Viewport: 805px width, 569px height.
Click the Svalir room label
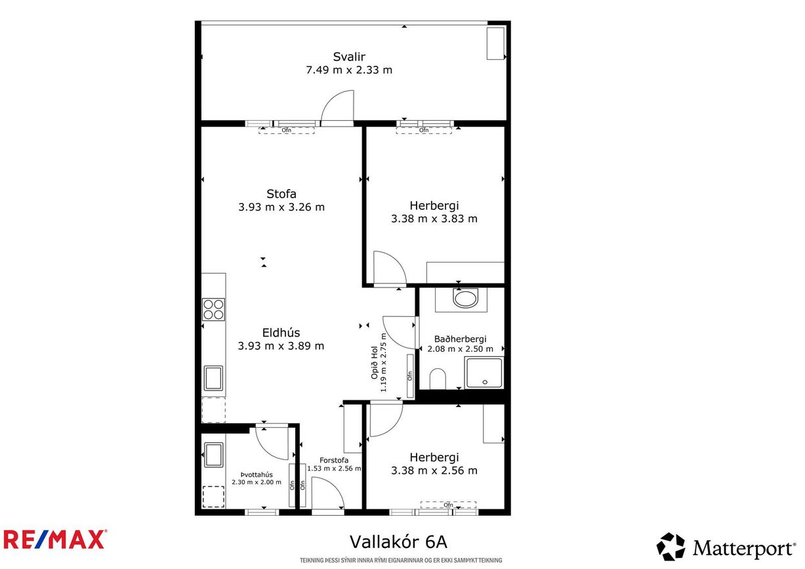point(349,57)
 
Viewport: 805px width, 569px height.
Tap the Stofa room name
point(281,194)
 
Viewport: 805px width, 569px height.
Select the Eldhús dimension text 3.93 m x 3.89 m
point(281,346)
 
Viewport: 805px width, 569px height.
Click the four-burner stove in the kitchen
point(213,310)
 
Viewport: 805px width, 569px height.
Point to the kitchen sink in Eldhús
point(213,378)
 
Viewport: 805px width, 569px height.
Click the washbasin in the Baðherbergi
point(466,299)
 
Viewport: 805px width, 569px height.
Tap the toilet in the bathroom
point(438,379)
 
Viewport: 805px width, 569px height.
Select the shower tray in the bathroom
point(484,373)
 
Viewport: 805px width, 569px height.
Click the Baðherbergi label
point(461,339)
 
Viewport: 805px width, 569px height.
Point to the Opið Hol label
point(375,362)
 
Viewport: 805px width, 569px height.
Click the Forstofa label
point(334,460)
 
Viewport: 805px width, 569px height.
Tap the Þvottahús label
point(257,474)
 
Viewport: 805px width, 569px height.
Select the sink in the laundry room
point(213,455)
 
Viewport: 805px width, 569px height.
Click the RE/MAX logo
point(54,540)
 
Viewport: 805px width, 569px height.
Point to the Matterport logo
point(726,547)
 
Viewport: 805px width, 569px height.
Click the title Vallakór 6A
point(398,542)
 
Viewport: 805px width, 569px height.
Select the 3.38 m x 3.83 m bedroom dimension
point(434,219)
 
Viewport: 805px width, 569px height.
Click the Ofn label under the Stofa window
point(287,130)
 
